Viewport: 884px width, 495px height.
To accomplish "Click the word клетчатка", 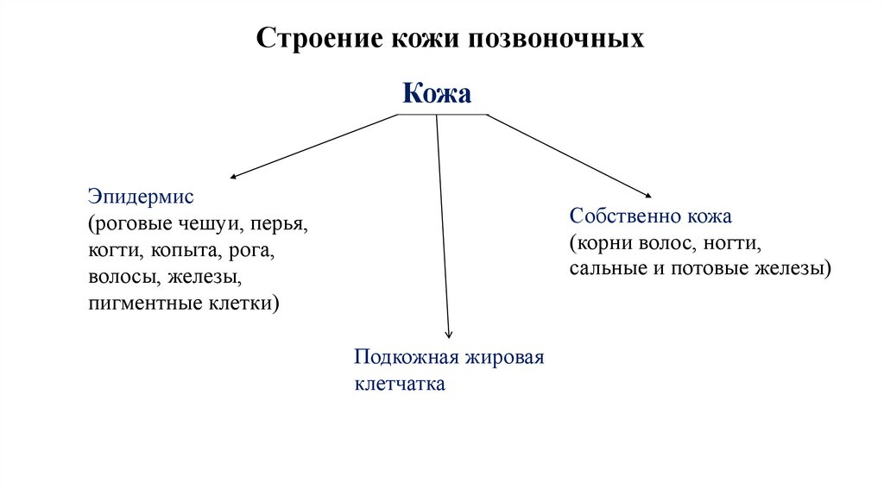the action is [x=400, y=384].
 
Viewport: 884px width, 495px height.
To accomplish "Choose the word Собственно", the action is [x=624, y=216].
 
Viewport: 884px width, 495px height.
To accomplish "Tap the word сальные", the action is [x=601, y=268].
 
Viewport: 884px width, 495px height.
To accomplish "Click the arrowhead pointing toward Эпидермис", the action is [x=234, y=177].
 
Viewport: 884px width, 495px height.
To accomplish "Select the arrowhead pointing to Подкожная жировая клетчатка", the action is [x=448, y=335].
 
